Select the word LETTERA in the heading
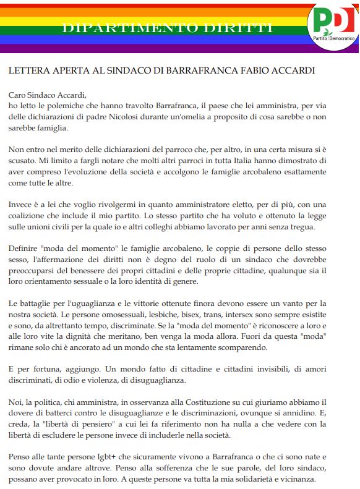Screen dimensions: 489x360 pos(28,70)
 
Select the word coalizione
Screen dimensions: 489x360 pos(28,216)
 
